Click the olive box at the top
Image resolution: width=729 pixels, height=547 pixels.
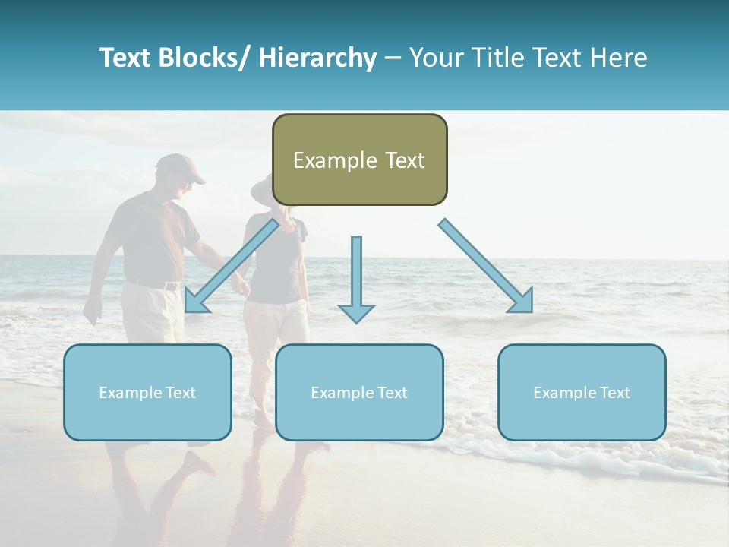[x=359, y=160]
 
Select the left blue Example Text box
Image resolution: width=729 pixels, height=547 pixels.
[x=147, y=392]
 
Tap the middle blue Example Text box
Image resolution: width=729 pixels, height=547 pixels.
[x=359, y=392]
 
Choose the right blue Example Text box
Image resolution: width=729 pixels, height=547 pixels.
[x=582, y=392]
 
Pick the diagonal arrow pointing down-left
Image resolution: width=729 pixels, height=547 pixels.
[x=231, y=267]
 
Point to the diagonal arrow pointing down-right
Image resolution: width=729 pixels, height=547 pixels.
[x=486, y=266]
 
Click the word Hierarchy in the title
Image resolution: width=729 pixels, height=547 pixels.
[x=317, y=58]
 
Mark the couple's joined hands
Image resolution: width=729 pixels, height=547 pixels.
[x=241, y=286]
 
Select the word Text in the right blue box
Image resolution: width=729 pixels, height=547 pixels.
[x=614, y=393]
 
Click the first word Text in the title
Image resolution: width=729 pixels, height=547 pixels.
[x=128, y=58]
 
